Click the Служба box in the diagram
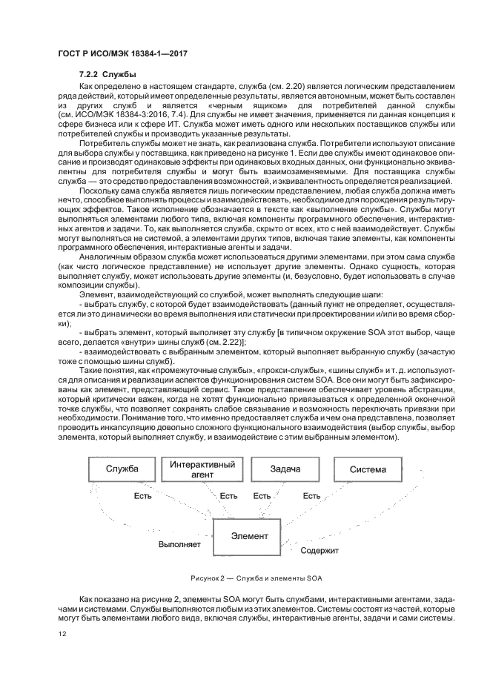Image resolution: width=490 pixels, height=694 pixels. pyautogui.click(x=122, y=469)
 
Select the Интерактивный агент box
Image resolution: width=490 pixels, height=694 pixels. pyautogui.click(x=203, y=469)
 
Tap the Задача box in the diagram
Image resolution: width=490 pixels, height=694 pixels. pyautogui.click(x=285, y=469)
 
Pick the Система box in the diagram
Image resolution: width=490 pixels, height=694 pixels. pyautogui.click(x=368, y=469)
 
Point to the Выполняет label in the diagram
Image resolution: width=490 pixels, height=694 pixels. pyautogui.click(x=179, y=544)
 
